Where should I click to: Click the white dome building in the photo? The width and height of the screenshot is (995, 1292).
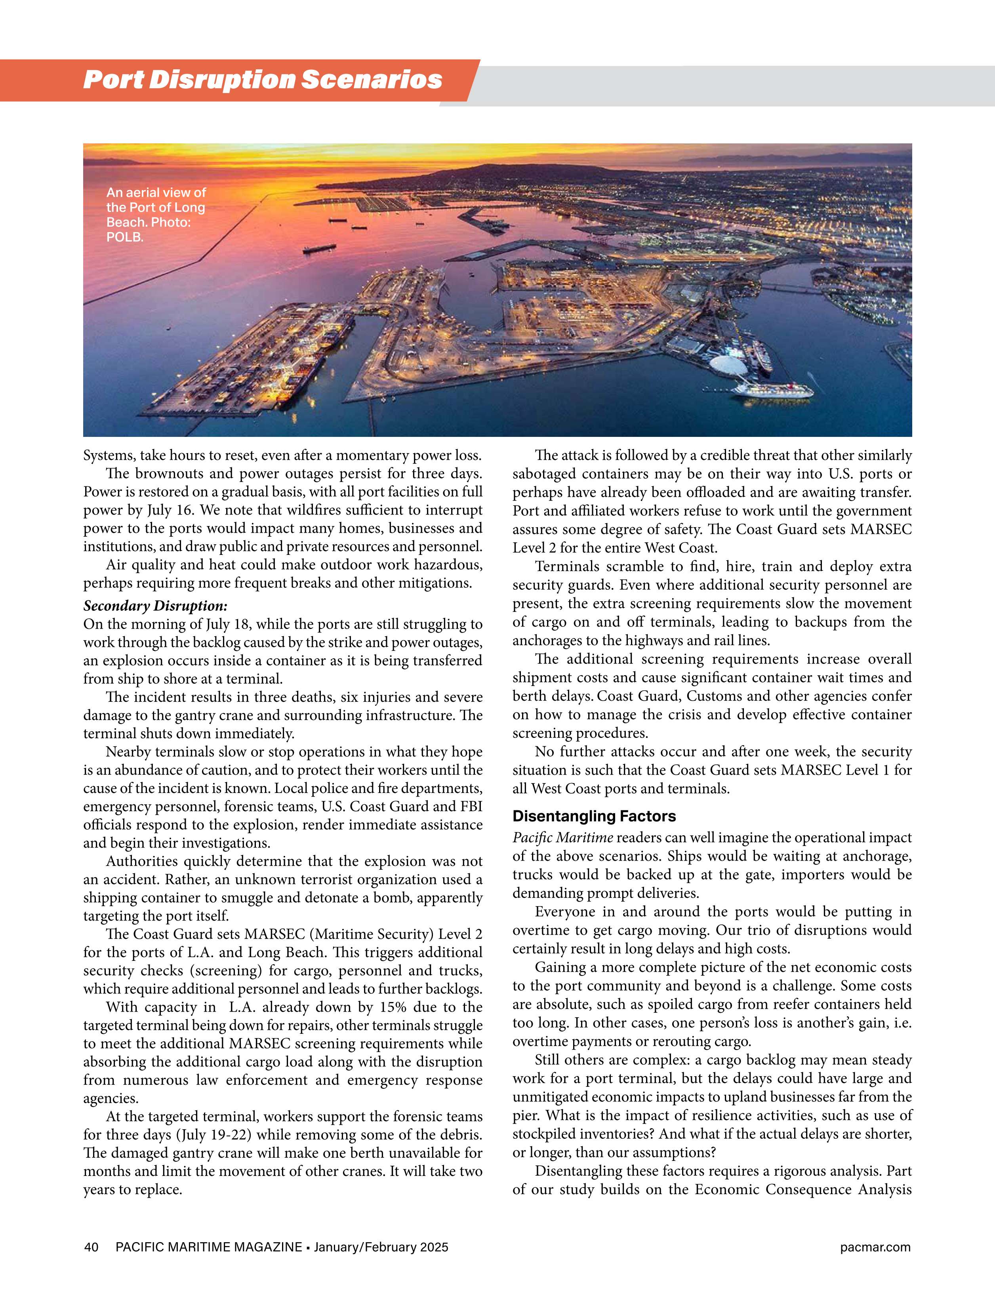pyautogui.click(x=728, y=365)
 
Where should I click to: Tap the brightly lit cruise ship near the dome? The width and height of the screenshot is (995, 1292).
pyautogui.click(x=772, y=389)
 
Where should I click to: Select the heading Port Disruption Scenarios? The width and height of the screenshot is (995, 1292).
pyautogui.click(x=263, y=80)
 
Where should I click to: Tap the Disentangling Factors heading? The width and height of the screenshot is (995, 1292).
pyautogui.click(x=594, y=816)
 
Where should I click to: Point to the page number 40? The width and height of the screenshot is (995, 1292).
pyautogui.click(x=91, y=1248)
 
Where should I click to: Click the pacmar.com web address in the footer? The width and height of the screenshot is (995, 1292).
pyautogui.click(x=875, y=1248)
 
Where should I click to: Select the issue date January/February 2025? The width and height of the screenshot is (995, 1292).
pyautogui.click(x=381, y=1248)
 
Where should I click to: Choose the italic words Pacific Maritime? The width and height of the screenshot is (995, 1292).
pyautogui.click(x=562, y=838)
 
